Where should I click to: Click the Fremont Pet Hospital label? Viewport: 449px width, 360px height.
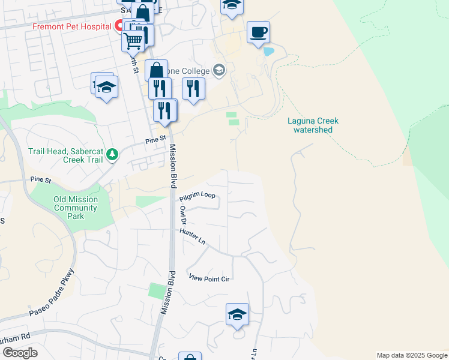click(x=71, y=26)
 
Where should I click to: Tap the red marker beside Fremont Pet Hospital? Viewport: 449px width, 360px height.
click(x=119, y=26)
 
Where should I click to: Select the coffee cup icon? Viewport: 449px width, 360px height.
click(x=258, y=32)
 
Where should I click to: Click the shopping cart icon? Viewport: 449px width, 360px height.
click(x=133, y=41)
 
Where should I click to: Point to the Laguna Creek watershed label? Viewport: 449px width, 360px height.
click(x=310, y=125)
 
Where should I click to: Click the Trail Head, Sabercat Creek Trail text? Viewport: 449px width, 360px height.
click(x=64, y=155)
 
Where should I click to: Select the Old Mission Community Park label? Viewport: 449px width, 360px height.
click(x=76, y=208)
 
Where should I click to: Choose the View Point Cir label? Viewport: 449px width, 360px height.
click(x=209, y=278)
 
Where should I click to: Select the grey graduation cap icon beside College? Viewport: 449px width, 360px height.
click(x=219, y=70)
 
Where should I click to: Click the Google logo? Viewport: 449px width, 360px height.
click(x=20, y=353)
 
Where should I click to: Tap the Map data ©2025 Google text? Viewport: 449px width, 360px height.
click(x=412, y=355)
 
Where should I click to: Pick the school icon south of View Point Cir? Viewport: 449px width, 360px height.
click(x=237, y=314)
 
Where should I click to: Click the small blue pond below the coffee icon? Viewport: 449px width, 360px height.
click(x=268, y=52)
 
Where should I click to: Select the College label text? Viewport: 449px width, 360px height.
click(x=195, y=70)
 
